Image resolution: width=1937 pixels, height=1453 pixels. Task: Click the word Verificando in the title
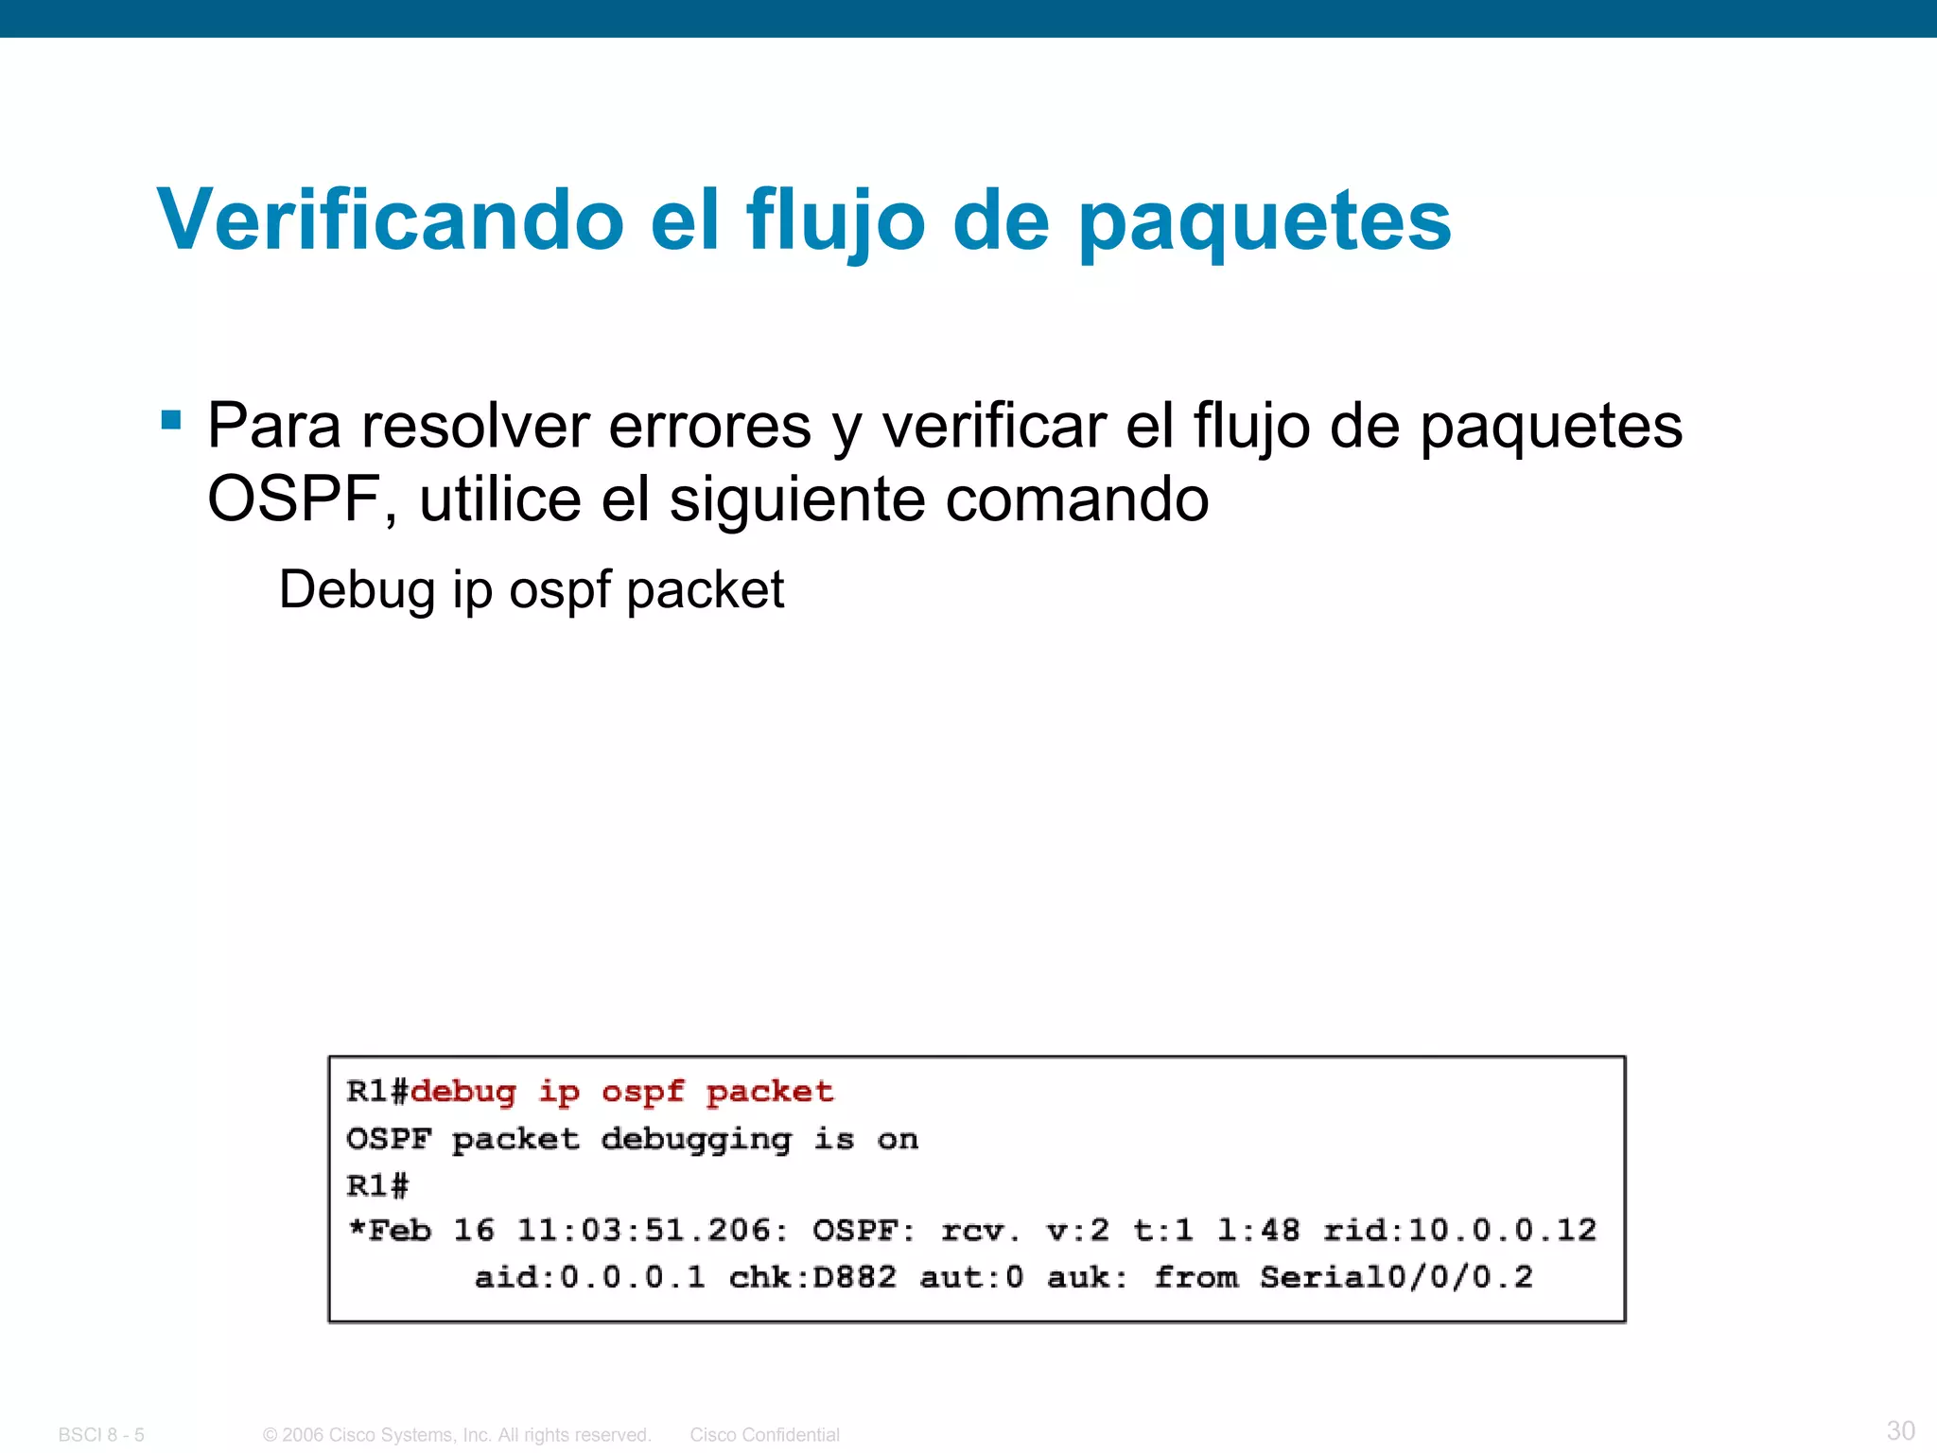point(390,219)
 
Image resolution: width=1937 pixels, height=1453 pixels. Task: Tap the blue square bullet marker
point(171,419)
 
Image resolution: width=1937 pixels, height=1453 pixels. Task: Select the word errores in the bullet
point(709,426)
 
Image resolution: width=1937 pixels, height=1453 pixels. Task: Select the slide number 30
point(1900,1429)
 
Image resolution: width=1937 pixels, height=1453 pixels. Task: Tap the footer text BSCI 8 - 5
point(101,1435)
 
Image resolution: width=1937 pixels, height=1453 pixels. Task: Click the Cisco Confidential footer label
point(764,1435)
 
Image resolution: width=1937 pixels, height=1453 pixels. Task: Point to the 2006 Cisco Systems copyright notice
point(457,1435)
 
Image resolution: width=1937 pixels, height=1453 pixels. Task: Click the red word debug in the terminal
point(463,1092)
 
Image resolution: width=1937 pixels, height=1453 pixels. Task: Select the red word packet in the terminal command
point(770,1092)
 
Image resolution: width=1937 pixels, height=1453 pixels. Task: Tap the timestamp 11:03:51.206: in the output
point(652,1230)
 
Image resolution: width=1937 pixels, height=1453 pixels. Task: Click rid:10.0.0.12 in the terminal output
point(1459,1230)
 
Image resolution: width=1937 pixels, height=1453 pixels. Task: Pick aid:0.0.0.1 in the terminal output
point(589,1277)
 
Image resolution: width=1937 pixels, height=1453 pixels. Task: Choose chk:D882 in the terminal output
point(811,1277)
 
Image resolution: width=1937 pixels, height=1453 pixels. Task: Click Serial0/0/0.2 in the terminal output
point(1395,1277)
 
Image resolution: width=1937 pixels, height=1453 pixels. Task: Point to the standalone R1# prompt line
point(377,1184)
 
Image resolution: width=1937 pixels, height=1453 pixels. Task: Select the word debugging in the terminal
point(696,1140)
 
